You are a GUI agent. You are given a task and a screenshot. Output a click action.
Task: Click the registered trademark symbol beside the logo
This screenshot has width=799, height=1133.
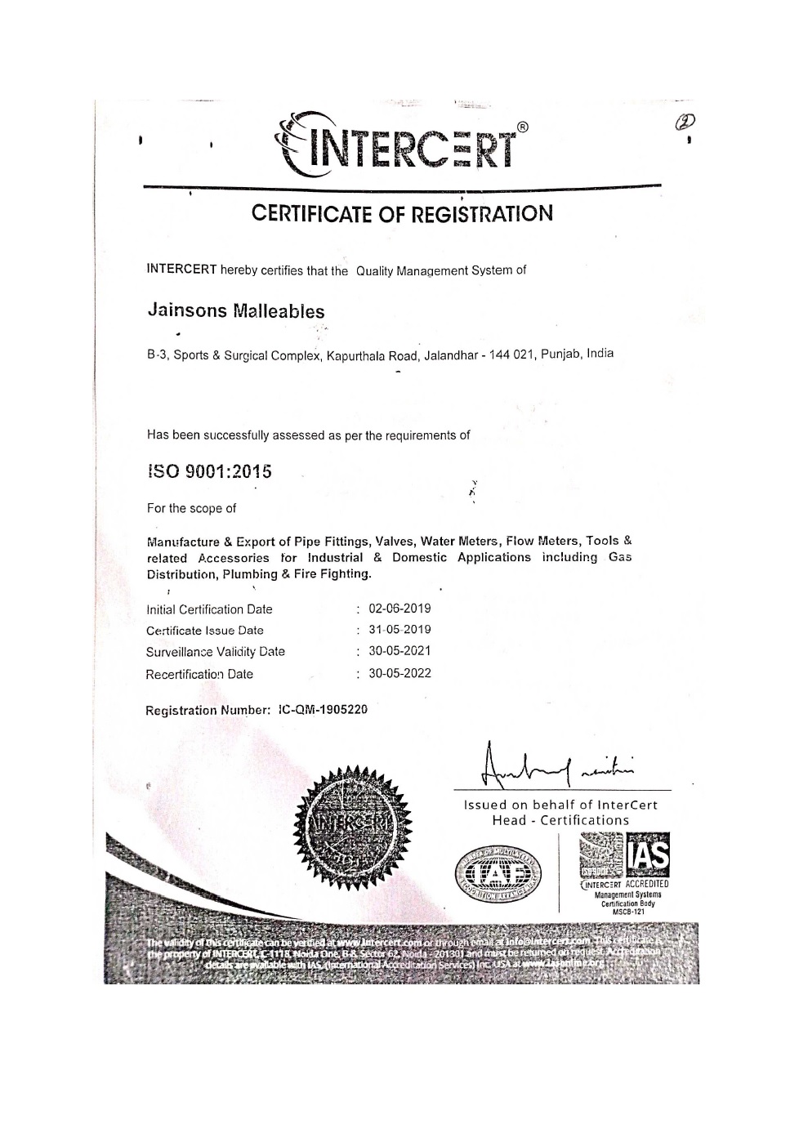coord(523,127)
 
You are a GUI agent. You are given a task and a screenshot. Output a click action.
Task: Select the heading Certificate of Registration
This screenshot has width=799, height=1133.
coord(402,213)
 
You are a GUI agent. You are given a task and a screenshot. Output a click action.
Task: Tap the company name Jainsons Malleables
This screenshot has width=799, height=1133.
coord(235,311)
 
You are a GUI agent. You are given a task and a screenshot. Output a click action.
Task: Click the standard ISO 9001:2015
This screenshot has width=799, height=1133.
coord(210,471)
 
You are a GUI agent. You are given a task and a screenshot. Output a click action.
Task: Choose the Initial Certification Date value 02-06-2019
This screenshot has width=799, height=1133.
coord(399,609)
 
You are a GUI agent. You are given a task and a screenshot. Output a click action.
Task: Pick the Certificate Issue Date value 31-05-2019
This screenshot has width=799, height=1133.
coord(399,630)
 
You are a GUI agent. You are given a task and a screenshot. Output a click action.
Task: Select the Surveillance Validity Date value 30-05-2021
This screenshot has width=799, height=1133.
coord(399,651)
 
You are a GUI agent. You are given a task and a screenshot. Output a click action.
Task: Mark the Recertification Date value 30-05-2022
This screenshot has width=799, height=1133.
coord(399,673)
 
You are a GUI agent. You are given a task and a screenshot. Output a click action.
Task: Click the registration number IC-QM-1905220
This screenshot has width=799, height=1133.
coord(323,709)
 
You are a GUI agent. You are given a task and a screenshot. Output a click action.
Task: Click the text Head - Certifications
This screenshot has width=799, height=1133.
coord(560,820)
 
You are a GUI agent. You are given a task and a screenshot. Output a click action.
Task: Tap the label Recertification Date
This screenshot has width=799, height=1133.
coord(199,674)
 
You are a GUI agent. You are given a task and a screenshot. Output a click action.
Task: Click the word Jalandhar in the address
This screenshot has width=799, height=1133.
coord(449,355)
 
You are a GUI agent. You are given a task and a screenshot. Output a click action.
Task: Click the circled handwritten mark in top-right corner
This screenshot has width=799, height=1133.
coord(684,123)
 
